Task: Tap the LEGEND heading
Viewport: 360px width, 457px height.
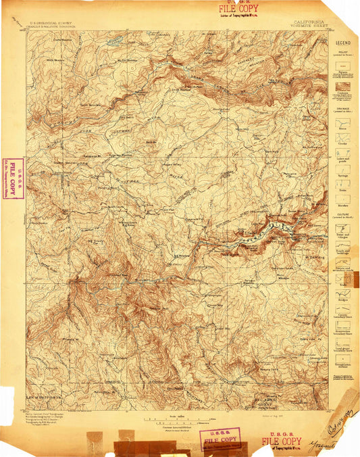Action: [342, 43]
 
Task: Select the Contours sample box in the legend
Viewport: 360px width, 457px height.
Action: [342, 87]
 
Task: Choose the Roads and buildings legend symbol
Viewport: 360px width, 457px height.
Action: [342, 255]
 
